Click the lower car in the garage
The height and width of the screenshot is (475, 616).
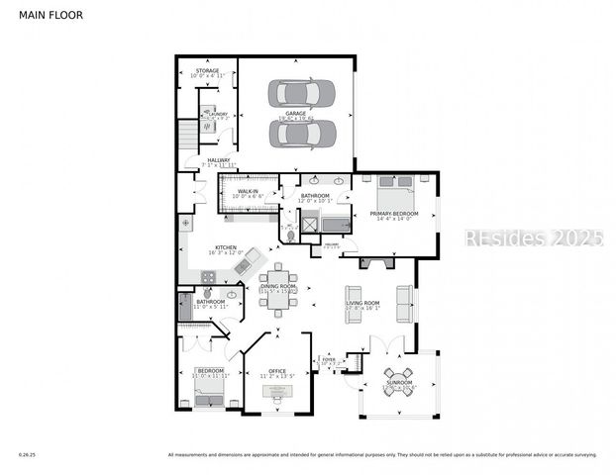[x=303, y=133]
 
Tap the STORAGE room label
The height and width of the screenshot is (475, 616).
[x=207, y=71]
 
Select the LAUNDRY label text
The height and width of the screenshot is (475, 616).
[x=218, y=114]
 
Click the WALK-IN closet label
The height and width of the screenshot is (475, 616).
[x=248, y=191]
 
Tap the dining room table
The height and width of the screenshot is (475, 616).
[x=278, y=290]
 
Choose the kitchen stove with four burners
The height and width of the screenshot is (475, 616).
[x=209, y=277]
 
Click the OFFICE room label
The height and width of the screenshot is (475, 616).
[x=277, y=371]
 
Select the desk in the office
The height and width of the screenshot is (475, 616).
[x=277, y=391]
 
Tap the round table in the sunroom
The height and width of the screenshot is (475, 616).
[x=400, y=387]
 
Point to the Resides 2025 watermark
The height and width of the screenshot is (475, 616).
[x=533, y=238]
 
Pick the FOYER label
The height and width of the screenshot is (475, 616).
[x=329, y=360]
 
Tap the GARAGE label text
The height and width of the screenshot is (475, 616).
[x=295, y=113]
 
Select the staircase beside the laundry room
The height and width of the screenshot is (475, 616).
[x=186, y=135]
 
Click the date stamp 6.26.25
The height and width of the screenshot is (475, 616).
[x=27, y=455]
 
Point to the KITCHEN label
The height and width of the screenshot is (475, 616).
[x=226, y=247]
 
